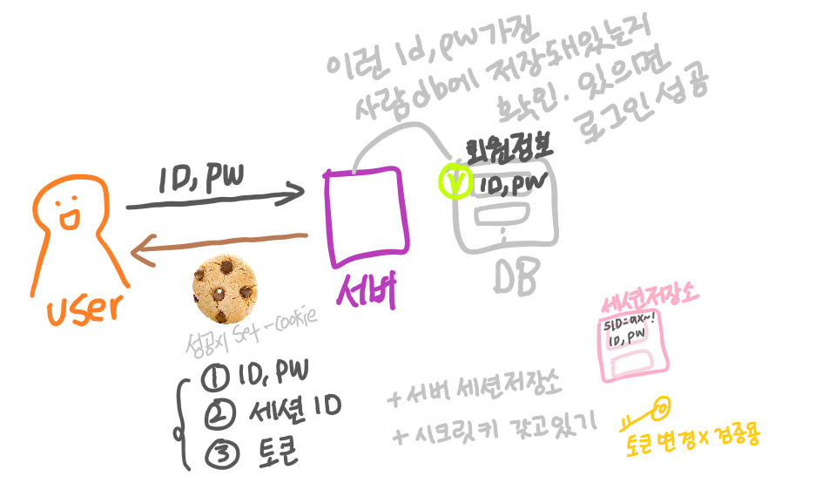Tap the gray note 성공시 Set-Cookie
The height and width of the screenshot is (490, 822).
[253, 333]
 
